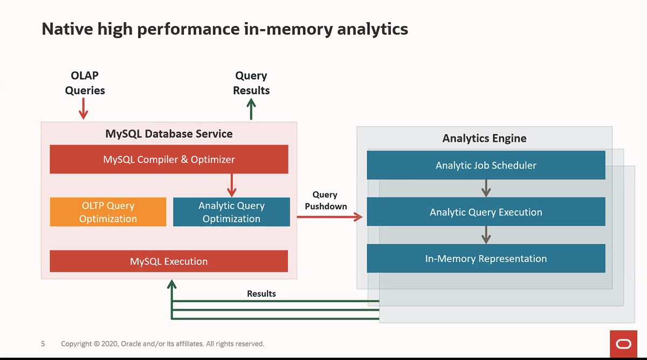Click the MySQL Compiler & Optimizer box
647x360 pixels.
[169, 160]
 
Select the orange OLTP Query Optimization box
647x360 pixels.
[108, 212]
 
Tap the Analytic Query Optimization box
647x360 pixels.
[231, 212]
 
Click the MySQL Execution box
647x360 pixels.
[169, 261]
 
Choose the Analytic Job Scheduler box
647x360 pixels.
[486, 165]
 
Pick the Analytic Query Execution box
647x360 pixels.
[486, 212]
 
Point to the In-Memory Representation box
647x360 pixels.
[486, 259]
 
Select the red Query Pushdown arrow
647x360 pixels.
[329, 217]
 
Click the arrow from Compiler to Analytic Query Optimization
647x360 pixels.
[232, 185]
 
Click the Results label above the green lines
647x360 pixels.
[261, 294]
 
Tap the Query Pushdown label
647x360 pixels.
[326, 200]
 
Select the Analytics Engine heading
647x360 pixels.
[484, 139]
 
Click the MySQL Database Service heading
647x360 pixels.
[169, 134]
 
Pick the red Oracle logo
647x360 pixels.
[624, 344]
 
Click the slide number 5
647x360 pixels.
[43, 343]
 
